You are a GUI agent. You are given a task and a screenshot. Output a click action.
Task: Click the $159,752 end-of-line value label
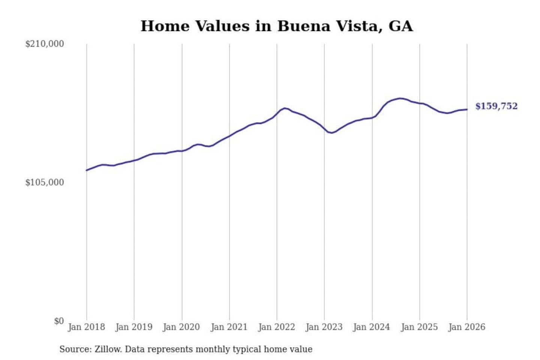[x=496, y=106]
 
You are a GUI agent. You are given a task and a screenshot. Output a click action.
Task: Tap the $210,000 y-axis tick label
[x=45, y=44]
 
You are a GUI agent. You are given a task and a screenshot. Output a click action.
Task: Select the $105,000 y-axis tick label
[x=45, y=183]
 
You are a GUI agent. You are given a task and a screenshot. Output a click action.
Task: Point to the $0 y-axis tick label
[x=59, y=321]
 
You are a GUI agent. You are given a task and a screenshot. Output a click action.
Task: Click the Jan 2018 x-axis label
[x=86, y=327]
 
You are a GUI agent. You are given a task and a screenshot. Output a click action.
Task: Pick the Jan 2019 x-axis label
[x=134, y=327]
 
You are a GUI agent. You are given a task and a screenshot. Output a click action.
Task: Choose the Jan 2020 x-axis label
[x=181, y=327]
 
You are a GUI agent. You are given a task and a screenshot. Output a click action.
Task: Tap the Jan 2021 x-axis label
[x=229, y=327]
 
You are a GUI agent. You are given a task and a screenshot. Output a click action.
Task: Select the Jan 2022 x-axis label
[x=276, y=327]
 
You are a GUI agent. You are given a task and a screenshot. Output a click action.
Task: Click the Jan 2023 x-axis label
[x=324, y=327]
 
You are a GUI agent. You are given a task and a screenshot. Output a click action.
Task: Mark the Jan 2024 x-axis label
[x=372, y=327]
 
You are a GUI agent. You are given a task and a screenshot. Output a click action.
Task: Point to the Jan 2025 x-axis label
[x=419, y=327]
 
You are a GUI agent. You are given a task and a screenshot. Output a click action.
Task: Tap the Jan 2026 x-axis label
[x=467, y=327]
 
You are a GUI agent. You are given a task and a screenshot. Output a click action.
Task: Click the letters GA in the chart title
[x=400, y=26]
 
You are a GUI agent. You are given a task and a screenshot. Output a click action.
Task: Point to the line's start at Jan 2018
[x=87, y=170]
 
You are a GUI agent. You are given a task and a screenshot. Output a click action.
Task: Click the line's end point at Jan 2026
[x=467, y=109]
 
